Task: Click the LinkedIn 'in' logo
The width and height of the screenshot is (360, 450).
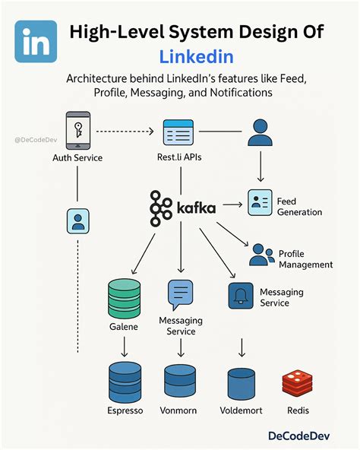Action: pyautogui.click(x=36, y=43)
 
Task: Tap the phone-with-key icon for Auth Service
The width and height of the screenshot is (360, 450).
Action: pyautogui.click(x=77, y=130)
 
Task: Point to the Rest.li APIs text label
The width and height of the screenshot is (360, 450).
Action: pyautogui.click(x=180, y=158)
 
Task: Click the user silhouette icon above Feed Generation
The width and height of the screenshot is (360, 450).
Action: pyautogui.click(x=260, y=132)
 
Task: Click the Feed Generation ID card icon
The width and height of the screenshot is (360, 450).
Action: pyautogui.click(x=260, y=204)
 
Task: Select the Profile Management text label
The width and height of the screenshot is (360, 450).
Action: pyautogui.click(x=305, y=259)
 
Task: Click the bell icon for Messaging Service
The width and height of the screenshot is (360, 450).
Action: pyautogui.click(x=241, y=296)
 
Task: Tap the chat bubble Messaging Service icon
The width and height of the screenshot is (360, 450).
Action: pyautogui.click(x=181, y=293)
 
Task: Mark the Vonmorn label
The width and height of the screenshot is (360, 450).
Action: pyautogui.click(x=181, y=410)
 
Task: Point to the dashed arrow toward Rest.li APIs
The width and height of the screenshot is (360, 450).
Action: pyautogui.click(x=128, y=132)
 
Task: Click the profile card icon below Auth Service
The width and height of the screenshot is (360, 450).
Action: pyautogui.click(x=77, y=221)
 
